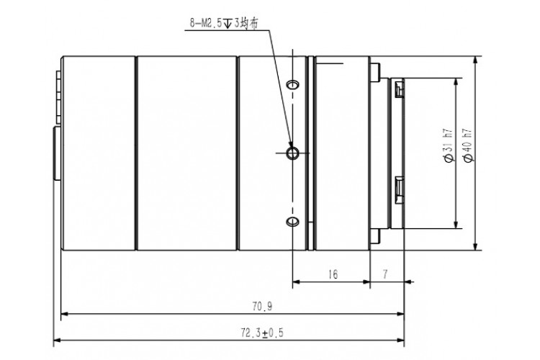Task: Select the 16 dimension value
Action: click(333, 274)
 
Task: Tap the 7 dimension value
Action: click(385, 274)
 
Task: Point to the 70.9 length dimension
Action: click(262, 306)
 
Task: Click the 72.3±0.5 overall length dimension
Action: click(262, 333)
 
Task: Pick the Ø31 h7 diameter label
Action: click(449, 145)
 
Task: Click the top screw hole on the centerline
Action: click(293, 84)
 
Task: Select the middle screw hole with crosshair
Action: click(293, 153)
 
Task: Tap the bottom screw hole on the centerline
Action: click(293, 221)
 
